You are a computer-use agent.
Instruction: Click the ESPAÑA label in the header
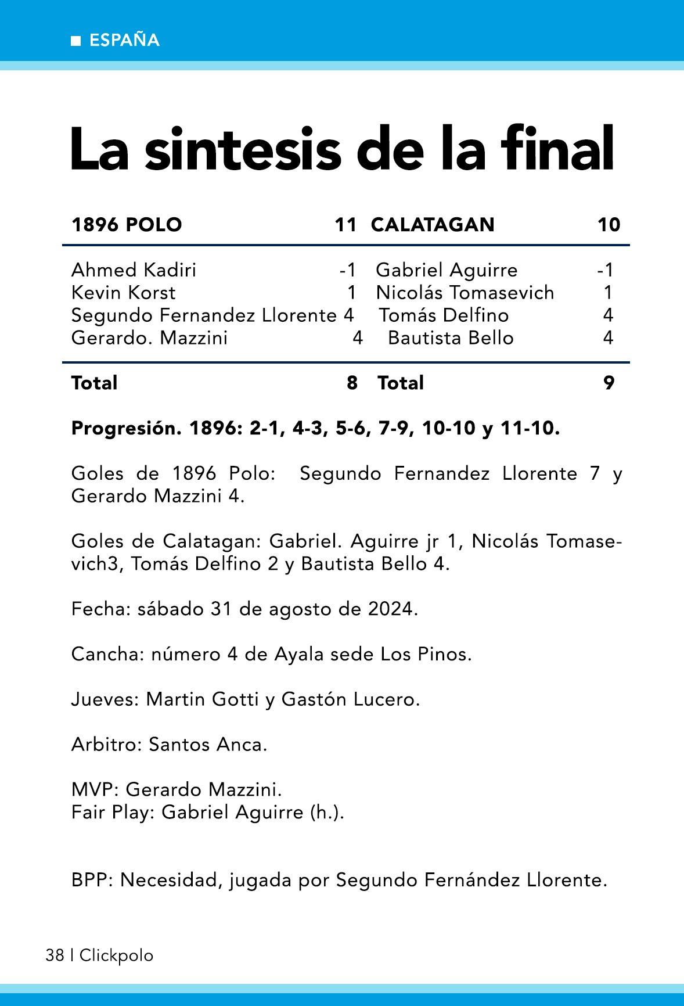[124, 40]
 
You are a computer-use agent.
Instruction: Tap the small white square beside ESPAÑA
[75, 41]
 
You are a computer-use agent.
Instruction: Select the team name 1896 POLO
[127, 224]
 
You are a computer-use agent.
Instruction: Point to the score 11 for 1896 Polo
[345, 224]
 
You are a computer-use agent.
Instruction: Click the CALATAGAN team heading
[433, 224]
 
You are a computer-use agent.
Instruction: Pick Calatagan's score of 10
[609, 224]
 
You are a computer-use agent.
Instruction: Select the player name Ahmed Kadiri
[134, 270]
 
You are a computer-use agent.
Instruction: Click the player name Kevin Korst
[123, 293]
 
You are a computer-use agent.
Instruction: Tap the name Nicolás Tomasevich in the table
[465, 293]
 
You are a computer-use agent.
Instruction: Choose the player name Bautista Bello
[451, 338]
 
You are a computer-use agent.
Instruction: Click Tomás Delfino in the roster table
[444, 315]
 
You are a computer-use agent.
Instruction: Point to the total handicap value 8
[352, 383]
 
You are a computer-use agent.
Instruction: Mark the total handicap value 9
[609, 383]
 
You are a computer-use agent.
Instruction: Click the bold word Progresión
[123, 429]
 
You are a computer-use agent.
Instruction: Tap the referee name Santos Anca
[208, 745]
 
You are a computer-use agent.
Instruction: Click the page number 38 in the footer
[55, 955]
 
